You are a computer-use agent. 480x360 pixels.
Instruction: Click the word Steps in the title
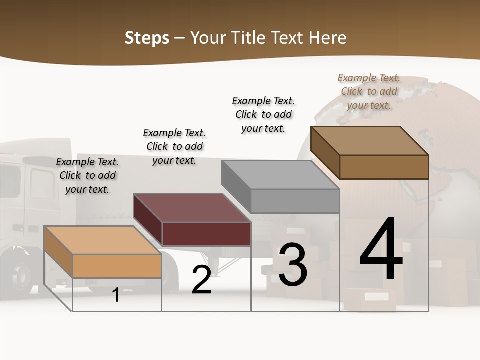point(147,38)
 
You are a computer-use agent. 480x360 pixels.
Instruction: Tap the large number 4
point(381,250)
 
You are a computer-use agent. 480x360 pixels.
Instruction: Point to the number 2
point(201,280)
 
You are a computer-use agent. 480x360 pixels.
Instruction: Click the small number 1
point(116,295)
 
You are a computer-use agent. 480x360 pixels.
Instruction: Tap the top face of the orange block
point(102,240)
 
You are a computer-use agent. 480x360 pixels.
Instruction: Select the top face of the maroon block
point(192,207)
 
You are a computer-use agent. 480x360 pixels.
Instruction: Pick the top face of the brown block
point(370,140)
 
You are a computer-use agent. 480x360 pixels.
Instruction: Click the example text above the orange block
point(87,175)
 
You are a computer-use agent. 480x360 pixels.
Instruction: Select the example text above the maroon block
point(174,146)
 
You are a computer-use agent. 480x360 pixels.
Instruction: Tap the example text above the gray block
point(263,114)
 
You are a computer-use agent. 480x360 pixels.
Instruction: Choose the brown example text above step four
point(369,91)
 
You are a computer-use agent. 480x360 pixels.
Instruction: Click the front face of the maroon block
point(206,234)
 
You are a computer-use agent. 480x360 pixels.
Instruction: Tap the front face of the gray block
point(295,201)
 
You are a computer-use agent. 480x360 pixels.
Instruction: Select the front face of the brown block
point(384,167)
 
